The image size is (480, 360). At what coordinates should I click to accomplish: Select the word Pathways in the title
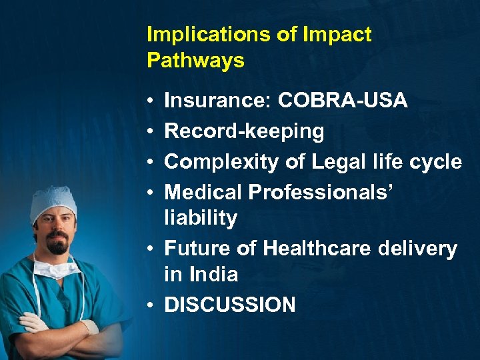point(195,61)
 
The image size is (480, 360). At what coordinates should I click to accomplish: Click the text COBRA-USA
point(343,101)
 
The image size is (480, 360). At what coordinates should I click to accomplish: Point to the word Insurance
point(217,101)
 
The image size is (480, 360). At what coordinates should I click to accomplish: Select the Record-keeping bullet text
point(244,131)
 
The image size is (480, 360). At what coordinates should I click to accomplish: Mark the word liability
point(201,218)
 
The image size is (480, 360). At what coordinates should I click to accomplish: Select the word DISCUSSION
point(230,305)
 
